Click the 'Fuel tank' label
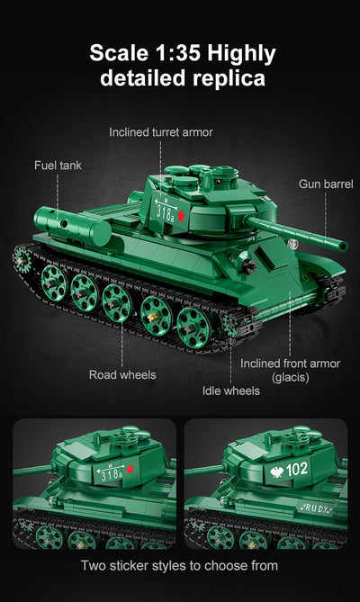pyautogui.click(x=58, y=166)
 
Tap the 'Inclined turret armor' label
pyautogui.click(x=161, y=132)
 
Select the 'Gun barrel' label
pyautogui.click(x=326, y=184)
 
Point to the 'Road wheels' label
pyautogui.click(x=121, y=374)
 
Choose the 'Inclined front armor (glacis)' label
pyautogui.click(x=290, y=370)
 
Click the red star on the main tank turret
pyautogui.click(x=180, y=216)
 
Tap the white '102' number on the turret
pyautogui.click(x=297, y=468)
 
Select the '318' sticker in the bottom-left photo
pyautogui.click(x=112, y=473)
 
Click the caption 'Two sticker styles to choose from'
pyautogui.click(x=180, y=566)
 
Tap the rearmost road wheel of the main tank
pyautogui.click(x=53, y=278)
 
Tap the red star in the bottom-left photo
pyautogui.click(x=130, y=468)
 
